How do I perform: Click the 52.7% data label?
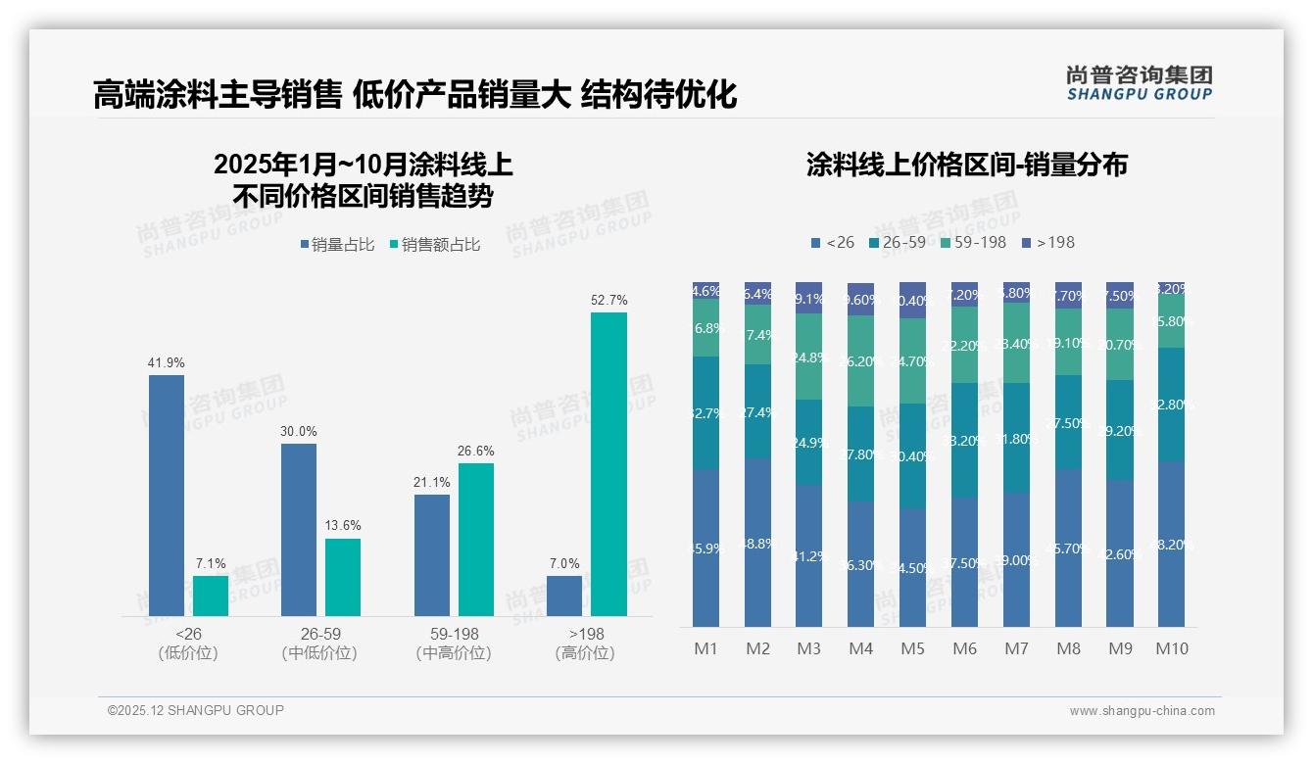pos(608,300)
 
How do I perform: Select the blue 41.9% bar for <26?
pos(167,495)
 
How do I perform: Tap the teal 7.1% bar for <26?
pos(211,596)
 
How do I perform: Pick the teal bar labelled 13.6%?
pos(343,577)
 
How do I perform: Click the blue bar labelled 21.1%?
pos(432,554)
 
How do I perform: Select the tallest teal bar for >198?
pos(608,463)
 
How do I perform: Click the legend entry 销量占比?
pos(336,245)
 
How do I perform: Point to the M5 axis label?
pos(912,648)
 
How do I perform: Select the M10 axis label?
pos(1171,648)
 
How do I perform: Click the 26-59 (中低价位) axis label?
pos(319,644)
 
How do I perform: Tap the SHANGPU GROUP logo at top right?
pos(1139,82)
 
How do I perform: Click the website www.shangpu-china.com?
pos(1142,711)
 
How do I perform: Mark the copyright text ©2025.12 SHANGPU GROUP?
pos(196,710)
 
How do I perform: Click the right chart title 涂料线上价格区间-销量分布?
pos(966,165)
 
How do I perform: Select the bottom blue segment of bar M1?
pos(705,549)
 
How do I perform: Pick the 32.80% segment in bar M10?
pos(1171,405)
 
